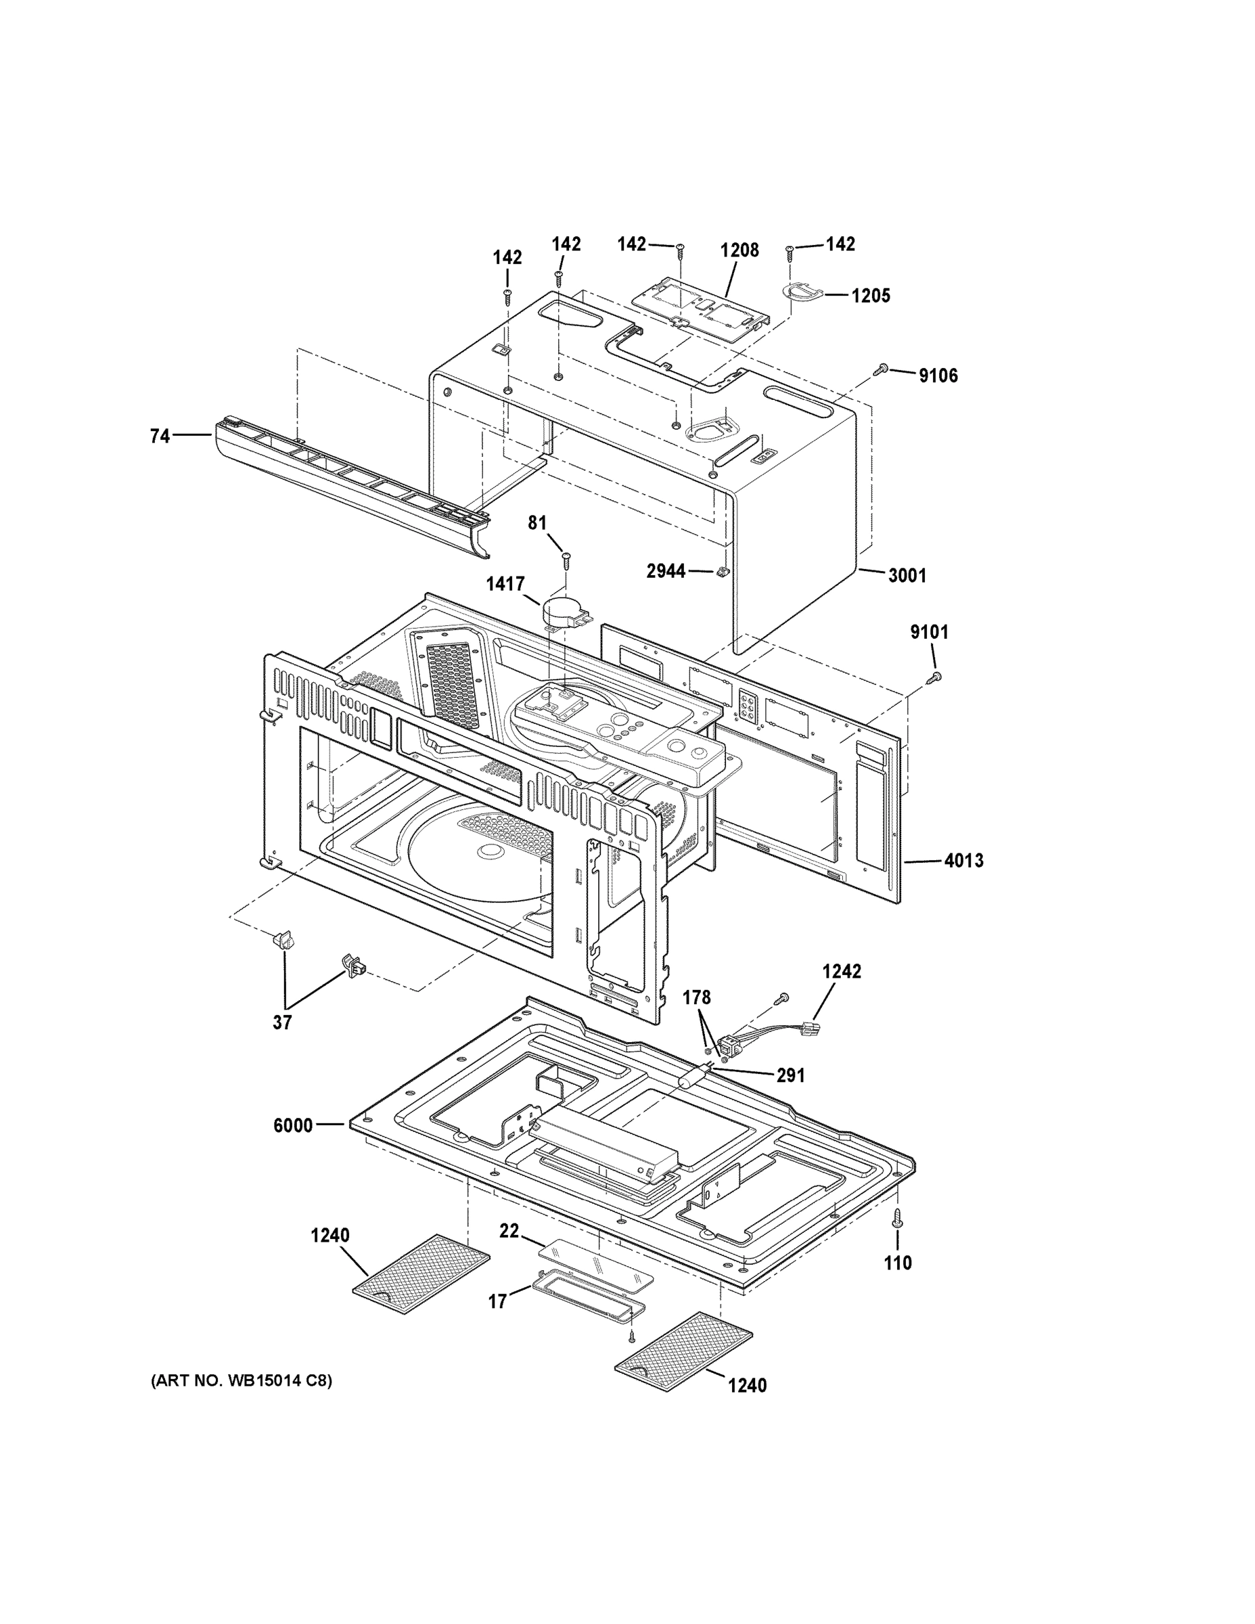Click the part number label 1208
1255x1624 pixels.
click(739, 250)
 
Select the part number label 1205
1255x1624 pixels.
click(871, 296)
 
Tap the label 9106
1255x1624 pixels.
click(938, 376)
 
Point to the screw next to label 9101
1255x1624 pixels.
click(935, 677)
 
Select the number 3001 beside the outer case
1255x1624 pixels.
click(907, 576)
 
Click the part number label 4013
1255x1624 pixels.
click(963, 861)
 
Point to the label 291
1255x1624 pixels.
click(790, 1075)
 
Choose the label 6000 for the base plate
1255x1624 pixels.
click(293, 1126)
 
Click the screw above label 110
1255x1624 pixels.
click(897, 1216)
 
